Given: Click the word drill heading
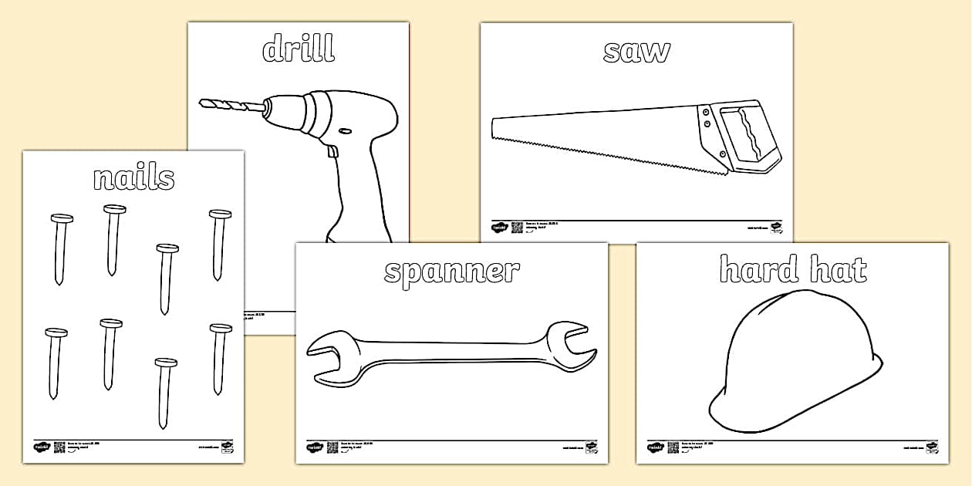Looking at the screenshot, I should click(x=299, y=49).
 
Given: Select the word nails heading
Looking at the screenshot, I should click(x=133, y=177).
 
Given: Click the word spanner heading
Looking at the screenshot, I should click(x=451, y=272).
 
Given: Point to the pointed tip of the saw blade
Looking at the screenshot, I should click(x=496, y=127).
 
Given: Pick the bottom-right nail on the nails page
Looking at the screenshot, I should click(x=219, y=359).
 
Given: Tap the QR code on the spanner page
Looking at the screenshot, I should click(x=332, y=447).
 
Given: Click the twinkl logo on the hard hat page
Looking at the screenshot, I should click(x=656, y=447).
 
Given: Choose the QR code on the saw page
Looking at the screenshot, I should click(x=517, y=228).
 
